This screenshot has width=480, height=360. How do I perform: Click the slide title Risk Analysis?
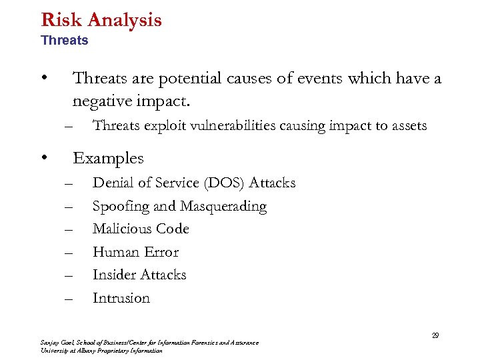coord(101,19)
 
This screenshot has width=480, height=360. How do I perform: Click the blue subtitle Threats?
coord(64,41)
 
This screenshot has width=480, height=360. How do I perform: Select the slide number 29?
coord(435,335)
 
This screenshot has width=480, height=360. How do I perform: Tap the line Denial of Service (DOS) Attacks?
coord(193,183)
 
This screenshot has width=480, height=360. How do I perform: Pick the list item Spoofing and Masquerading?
coord(179,206)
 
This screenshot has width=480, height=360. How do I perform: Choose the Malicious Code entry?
coord(141,229)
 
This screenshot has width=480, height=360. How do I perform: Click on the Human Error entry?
coord(135,252)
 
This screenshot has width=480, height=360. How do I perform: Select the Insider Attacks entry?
coord(139,275)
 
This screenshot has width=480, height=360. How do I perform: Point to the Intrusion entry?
coord(121,298)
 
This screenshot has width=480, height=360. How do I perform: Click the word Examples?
coord(108,158)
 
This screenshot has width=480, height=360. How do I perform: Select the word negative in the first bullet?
coord(100,101)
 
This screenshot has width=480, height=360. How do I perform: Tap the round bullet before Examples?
coord(43,157)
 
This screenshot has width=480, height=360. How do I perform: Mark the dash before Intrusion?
coord(67,299)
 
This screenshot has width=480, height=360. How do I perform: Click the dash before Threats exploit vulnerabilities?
coord(67,126)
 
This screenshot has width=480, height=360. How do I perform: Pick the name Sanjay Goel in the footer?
coord(55,343)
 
